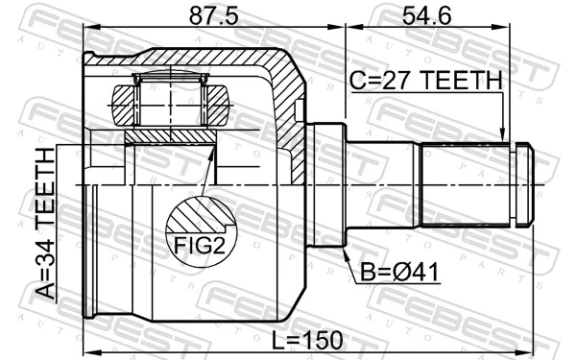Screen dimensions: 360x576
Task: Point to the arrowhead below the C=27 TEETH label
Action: pos(502,136)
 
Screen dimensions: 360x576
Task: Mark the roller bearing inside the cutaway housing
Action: pos(170,101)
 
